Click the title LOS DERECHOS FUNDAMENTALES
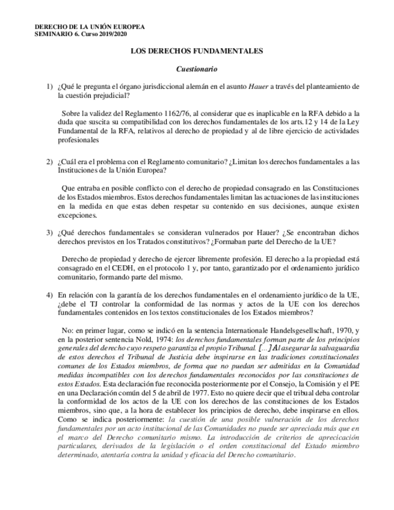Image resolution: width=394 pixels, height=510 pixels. (197, 52)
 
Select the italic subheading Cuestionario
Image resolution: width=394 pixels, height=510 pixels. (197, 70)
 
